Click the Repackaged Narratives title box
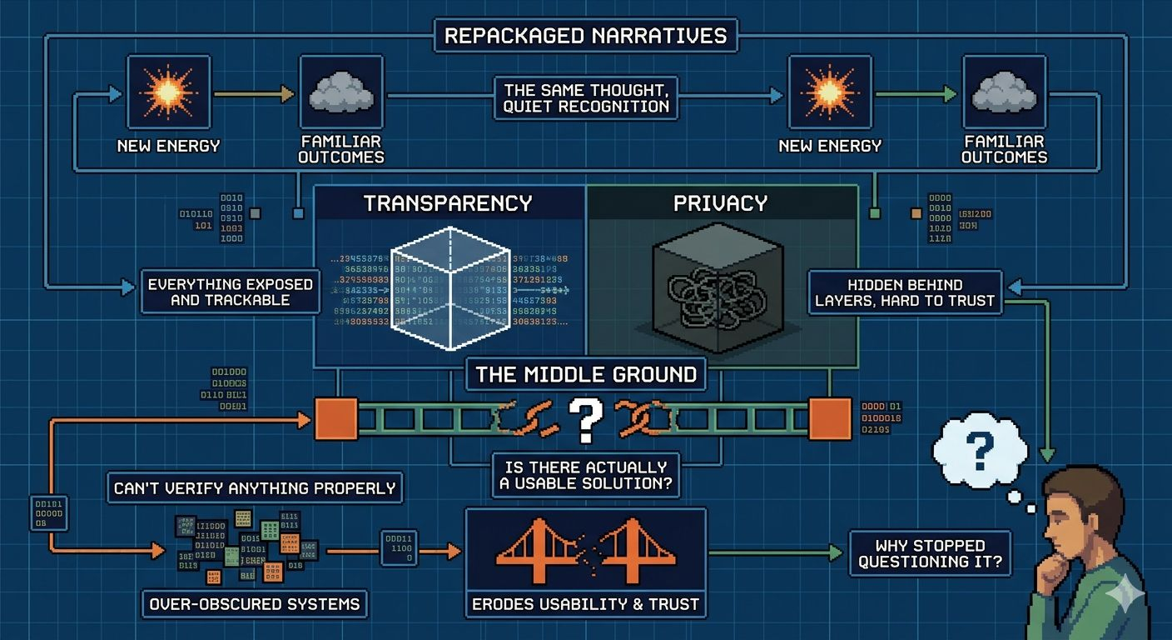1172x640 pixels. coord(585,36)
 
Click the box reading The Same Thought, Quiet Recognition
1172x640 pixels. coord(585,97)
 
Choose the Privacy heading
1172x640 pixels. coord(720,203)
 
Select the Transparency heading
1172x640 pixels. coord(448,203)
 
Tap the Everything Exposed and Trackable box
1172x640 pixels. coord(230,291)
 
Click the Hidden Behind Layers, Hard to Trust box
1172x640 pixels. coord(905,292)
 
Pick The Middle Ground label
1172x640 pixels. coord(585,374)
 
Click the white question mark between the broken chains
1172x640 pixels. coord(586,419)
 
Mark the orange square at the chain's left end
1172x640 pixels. coord(335,418)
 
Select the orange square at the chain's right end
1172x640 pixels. coord(830,418)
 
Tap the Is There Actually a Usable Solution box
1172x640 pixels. coord(585,475)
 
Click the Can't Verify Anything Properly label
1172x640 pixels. coord(255,488)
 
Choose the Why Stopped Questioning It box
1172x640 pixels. coord(930,553)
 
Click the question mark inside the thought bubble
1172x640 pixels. coord(981,451)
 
